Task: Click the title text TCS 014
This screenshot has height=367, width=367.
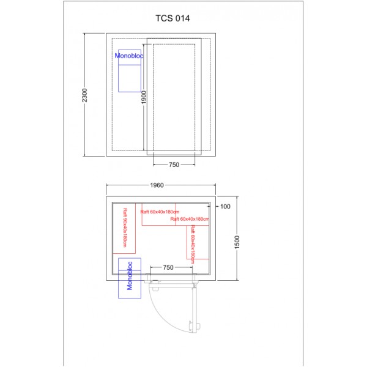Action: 172,18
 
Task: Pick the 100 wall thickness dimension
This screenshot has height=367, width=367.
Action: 224,207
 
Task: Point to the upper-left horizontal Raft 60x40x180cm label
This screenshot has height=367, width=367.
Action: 157,212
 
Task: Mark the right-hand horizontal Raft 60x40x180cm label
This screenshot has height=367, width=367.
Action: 190,218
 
